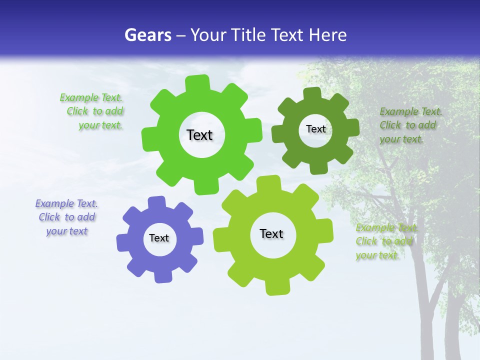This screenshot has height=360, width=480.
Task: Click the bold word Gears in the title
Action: pos(146,35)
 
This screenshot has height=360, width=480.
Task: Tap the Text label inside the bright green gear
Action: pos(199,135)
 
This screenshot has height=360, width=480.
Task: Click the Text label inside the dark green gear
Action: pos(315,129)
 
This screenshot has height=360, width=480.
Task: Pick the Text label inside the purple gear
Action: pos(159,238)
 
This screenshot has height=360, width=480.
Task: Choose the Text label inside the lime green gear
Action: pos(271,234)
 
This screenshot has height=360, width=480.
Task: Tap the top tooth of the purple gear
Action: pos(156,203)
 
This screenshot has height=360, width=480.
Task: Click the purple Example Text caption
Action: pos(66,217)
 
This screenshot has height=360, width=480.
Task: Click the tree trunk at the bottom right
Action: pos(452,325)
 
